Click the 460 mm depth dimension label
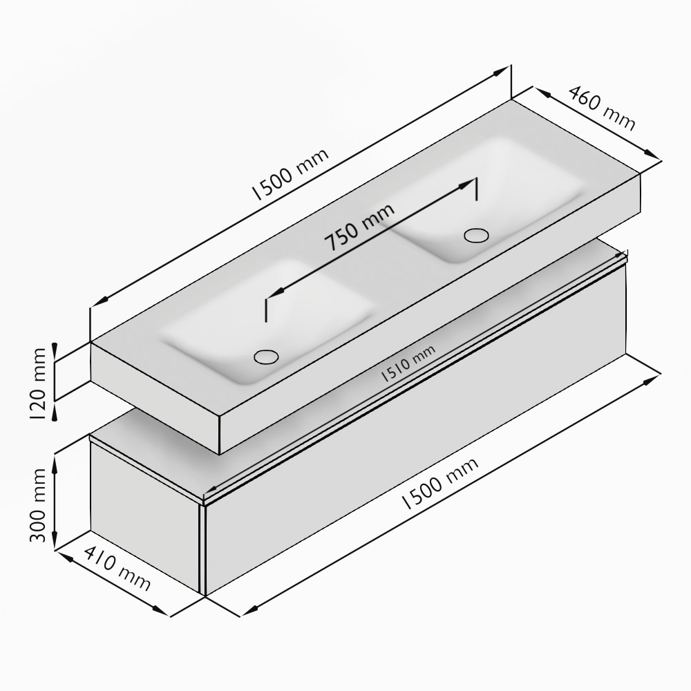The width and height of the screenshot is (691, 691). click(x=603, y=108)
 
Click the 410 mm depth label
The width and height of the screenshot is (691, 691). click(x=117, y=569)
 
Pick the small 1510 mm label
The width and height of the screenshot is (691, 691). click(x=408, y=363)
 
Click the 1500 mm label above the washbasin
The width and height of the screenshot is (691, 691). click(x=290, y=174)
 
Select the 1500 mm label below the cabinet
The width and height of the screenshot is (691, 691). click(x=439, y=484)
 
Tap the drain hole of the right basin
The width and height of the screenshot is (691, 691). click(x=476, y=235)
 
